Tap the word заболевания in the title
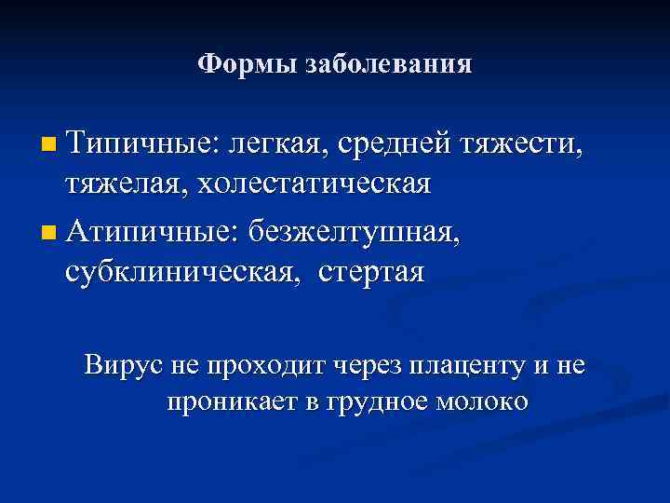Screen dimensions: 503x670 [388, 64]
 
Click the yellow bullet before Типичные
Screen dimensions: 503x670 [49, 145]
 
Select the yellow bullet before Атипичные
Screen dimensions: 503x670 [49, 229]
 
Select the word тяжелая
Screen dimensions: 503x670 [126, 184]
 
